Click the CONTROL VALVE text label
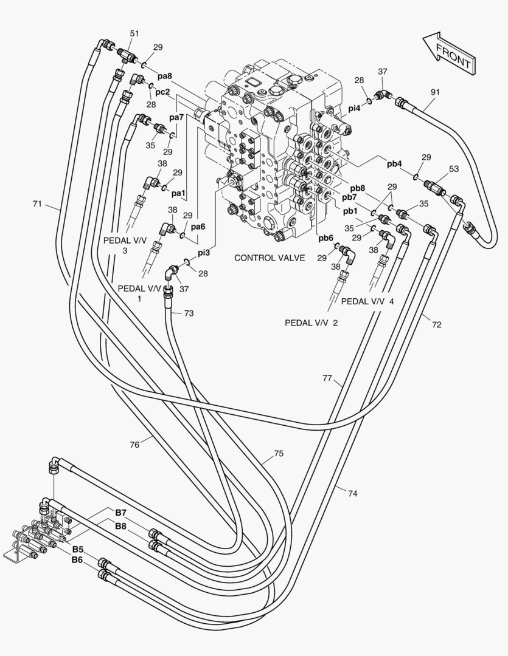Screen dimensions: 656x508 (x=270, y=258)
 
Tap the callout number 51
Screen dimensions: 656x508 (x=135, y=33)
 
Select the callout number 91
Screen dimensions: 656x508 (x=435, y=92)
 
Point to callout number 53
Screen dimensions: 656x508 (x=454, y=168)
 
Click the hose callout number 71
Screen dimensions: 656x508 (x=38, y=203)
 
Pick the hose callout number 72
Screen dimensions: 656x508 (x=436, y=324)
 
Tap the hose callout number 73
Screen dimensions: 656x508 (x=189, y=313)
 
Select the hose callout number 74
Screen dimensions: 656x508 (x=352, y=494)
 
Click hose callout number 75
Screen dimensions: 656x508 (x=279, y=453)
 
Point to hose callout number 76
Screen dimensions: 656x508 (x=134, y=445)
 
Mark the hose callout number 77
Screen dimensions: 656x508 (x=327, y=378)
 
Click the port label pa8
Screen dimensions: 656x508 (x=165, y=77)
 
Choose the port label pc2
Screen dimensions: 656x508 (x=162, y=92)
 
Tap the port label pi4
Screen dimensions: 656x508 (x=355, y=108)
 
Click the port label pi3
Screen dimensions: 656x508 (x=203, y=252)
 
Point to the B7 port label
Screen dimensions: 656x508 (x=120, y=514)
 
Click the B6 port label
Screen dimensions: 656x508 (x=77, y=559)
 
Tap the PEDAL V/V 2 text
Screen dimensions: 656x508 (x=311, y=323)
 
